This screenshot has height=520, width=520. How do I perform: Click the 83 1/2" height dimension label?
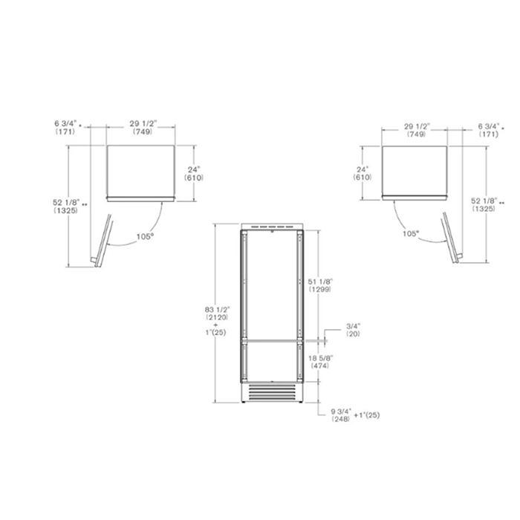coord(217,310)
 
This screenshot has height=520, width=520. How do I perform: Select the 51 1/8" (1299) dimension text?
coord(320,285)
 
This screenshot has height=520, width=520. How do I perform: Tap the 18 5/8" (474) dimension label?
coord(320,362)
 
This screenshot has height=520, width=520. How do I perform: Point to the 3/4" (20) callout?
coord(353,330)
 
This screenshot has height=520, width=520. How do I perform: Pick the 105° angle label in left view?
coord(146,236)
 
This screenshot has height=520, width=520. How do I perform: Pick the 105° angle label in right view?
coord(411,233)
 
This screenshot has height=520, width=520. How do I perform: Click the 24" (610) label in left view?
coord(194,174)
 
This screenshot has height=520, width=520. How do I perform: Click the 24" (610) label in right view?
coord(363,173)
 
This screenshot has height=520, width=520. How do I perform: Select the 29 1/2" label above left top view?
coord(143,124)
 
